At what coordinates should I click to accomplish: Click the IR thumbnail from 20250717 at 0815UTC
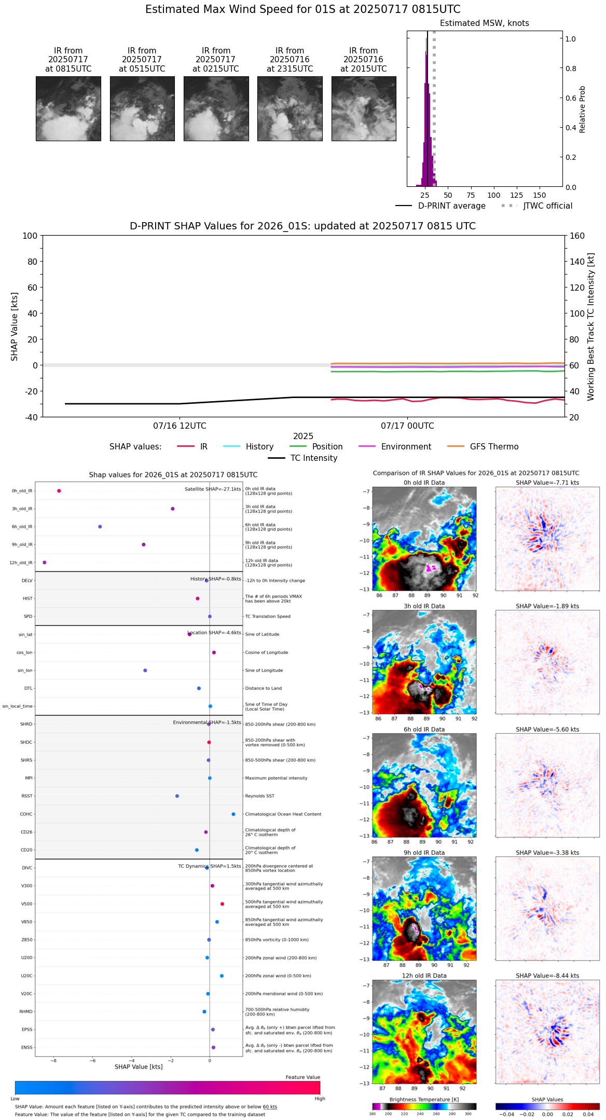(68, 108)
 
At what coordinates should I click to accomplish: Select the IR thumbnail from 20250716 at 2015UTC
(364, 108)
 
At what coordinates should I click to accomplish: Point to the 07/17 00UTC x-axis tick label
(407, 426)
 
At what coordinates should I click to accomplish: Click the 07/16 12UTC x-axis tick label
(180, 426)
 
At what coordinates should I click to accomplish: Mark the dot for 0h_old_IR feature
(59, 491)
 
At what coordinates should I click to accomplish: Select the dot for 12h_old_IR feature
(45, 563)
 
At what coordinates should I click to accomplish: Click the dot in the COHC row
(233, 814)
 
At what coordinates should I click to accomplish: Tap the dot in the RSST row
(177, 796)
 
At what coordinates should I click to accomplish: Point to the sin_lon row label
(25, 671)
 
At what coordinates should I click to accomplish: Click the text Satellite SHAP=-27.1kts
(213, 489)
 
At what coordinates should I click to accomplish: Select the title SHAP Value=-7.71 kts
(547, 483)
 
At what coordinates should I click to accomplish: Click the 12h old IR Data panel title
(424, 976)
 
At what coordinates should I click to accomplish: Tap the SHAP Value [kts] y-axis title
(15, 326)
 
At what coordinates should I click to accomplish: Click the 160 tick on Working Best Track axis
(577, 236)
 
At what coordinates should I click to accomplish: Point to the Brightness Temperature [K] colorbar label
(424, 1100)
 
